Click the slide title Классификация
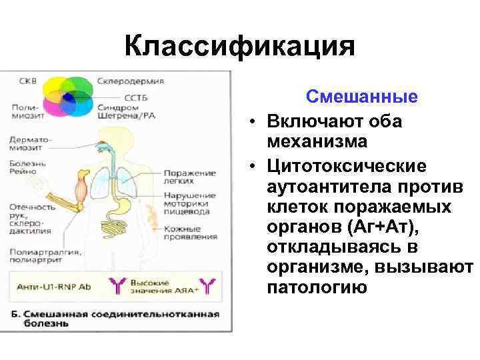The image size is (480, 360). pyautogui.click(x=240, y=47)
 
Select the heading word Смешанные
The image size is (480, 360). pyautogui.click(x=361, y=97)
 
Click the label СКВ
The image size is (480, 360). pyautogui.click(x=29, y=81)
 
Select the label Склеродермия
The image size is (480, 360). pyautogui.click(x=131, y=81)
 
